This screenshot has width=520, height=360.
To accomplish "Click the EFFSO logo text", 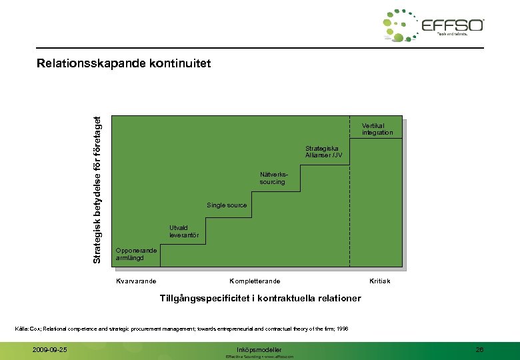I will point(453,26).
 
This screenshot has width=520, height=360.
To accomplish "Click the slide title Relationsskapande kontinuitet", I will point(123,64).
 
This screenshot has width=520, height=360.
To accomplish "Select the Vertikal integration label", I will point(377,129).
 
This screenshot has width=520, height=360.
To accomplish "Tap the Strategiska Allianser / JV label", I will point(323,152).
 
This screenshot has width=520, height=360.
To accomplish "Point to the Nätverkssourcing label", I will point(272,178).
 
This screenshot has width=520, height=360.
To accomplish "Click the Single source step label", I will point(227,205).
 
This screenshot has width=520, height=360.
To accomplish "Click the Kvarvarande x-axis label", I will point(136,281).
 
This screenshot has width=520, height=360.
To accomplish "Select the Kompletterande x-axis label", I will point(255,281).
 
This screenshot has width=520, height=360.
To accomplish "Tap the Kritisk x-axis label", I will point(379,281).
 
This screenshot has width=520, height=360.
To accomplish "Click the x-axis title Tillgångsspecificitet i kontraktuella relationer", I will point(260,298).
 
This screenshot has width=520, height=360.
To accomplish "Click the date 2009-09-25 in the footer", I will point(50,349).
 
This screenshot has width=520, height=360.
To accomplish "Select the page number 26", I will point(479,349).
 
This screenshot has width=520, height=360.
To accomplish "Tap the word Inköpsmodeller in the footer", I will point(259,349).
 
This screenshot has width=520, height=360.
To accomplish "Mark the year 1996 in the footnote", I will point(341,329).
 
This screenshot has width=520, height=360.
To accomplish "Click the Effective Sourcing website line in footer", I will point(259,357).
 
